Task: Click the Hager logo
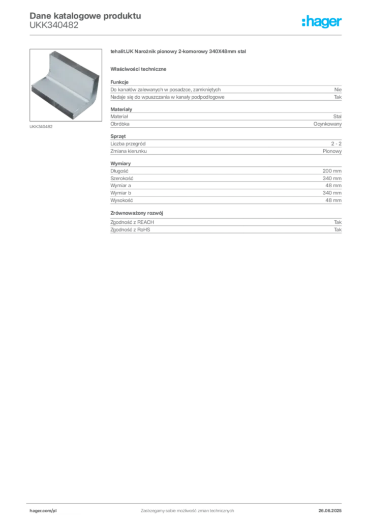[x=321, y=21]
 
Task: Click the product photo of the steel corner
[x=66, y=85]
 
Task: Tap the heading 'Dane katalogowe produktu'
[x=85, y=16]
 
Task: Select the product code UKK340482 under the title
[x=54, y=25]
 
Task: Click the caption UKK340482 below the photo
[x=41, y=127]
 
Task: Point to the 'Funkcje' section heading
[x=119, y=82]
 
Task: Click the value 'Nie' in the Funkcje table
[x=338, y=90]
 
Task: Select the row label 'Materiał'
[x=119, y=117]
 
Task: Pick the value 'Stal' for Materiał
[x=338, y=117]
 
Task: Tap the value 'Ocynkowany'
[x=327, y=124]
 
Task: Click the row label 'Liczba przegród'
[x=128, y=144]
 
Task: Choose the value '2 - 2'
[x=336, y=144]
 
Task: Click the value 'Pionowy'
[x=332, y=151]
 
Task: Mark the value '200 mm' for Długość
[x=332, y=171]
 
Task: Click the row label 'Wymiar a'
[x=121, y=186]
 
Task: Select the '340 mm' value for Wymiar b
[x=332, y=193]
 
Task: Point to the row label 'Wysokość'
[x=122, y=200]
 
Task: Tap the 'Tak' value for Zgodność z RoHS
[x=338, y=229]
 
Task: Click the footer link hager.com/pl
[x=43, y=511]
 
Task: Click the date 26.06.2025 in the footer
[x=330, y=511]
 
